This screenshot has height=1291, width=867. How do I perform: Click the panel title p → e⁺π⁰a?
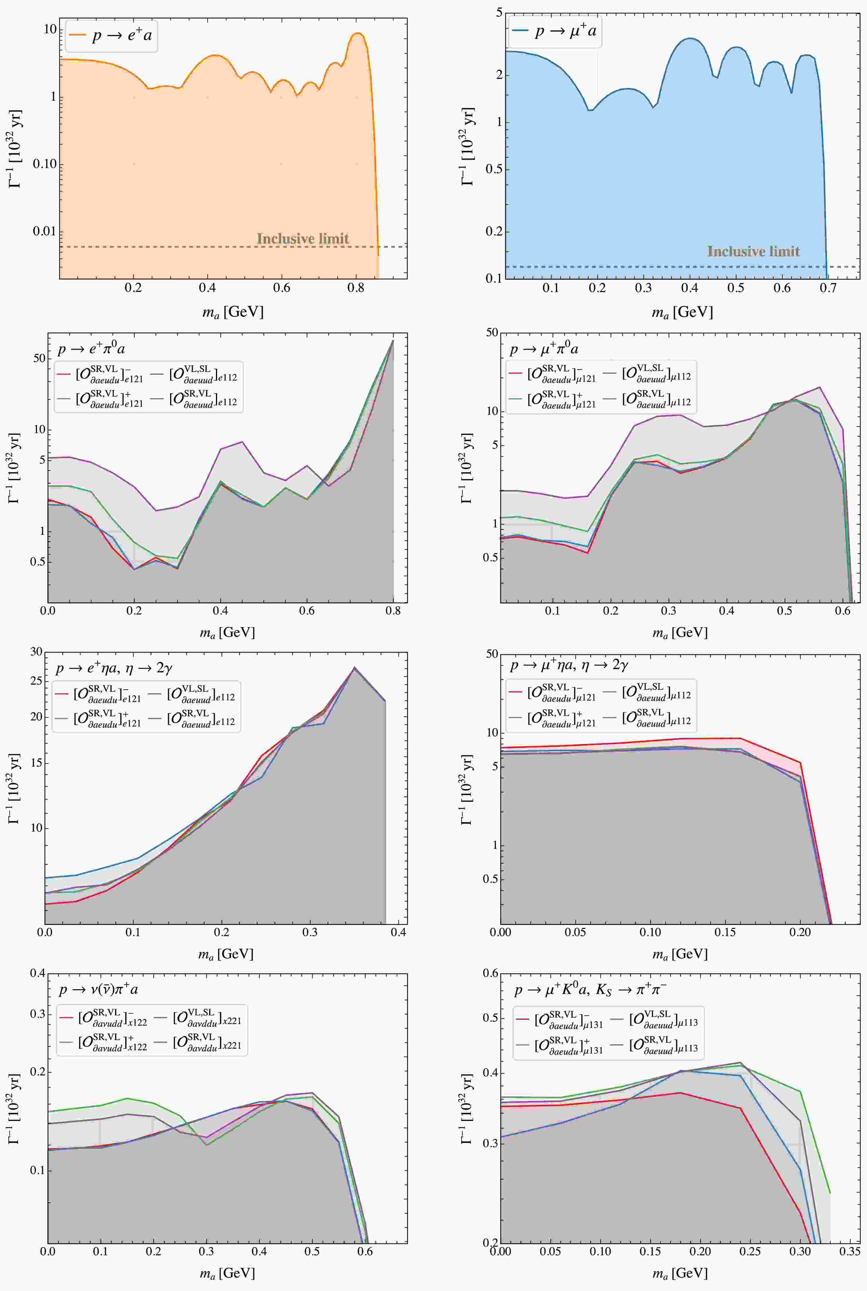pos(91,349)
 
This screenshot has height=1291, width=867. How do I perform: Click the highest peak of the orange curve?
pos(358,33)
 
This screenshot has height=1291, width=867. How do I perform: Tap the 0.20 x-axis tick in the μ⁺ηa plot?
pos(800,932)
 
